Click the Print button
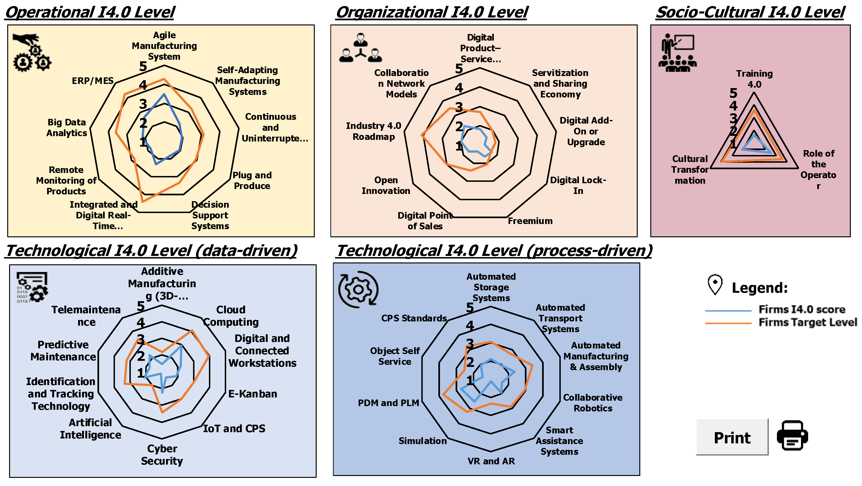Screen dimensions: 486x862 click(732, 437)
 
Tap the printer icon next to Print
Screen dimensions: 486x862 click(792, 435)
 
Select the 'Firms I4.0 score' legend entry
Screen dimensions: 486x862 click(801, 309)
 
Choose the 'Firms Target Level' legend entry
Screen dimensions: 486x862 click(807, 322)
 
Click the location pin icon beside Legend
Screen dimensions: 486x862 click(715, 285)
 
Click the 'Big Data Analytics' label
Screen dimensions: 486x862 click(67, 128)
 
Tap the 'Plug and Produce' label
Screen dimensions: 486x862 click(252, 181)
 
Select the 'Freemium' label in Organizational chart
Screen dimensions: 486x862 click(530, 221)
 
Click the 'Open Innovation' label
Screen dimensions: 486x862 click(386, 186)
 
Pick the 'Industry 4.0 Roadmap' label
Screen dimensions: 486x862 click(374, 131)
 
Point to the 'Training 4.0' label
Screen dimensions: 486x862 click(754, 79)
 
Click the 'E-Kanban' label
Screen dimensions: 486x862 click(253, 394)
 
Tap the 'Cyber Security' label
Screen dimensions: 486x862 click(162, 455)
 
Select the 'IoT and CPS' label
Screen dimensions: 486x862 click(234, 429)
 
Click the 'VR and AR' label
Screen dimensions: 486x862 click(491, 461)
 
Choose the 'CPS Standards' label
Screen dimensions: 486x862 click(414, 318)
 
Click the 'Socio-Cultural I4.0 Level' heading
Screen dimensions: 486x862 click(750, 13)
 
